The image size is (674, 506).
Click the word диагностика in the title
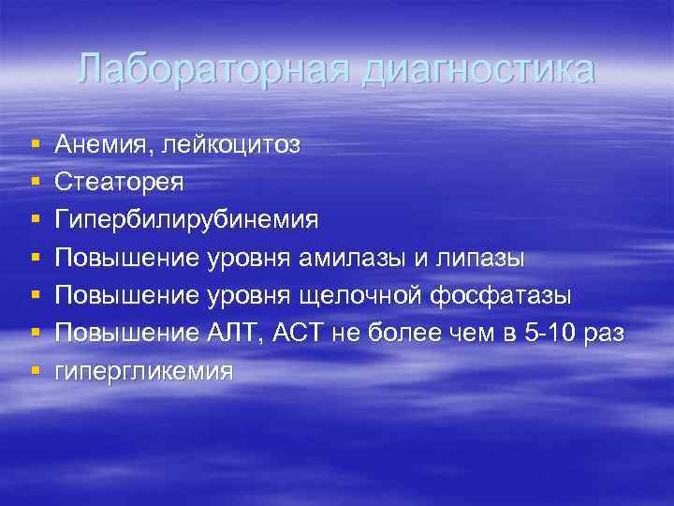(x=477, y=70)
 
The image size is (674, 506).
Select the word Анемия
(x=104, y=144)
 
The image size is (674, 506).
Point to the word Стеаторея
(x=119, y=182)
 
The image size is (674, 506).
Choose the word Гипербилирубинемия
(x=186, y=220)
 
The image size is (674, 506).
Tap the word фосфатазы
(x=501, y=295)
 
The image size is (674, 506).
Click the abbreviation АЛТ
(x=224, y=333)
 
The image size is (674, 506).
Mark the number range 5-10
(x=547, y=333)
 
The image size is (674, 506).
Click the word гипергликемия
(x=143, y=371)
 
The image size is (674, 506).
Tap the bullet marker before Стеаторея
(x=35, y=182)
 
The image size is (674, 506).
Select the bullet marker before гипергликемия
(x=35, y=371)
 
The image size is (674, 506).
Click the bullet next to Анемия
(x=35, y=144)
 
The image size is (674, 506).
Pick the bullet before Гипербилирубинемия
(x=35, y=220)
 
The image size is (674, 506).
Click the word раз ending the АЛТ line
(x=603, y=334)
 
